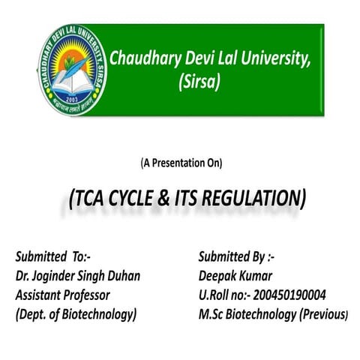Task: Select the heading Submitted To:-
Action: [x=54, y=257]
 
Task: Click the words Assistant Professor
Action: [x=62, y=295]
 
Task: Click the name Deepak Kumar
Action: [x=226, y=276]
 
